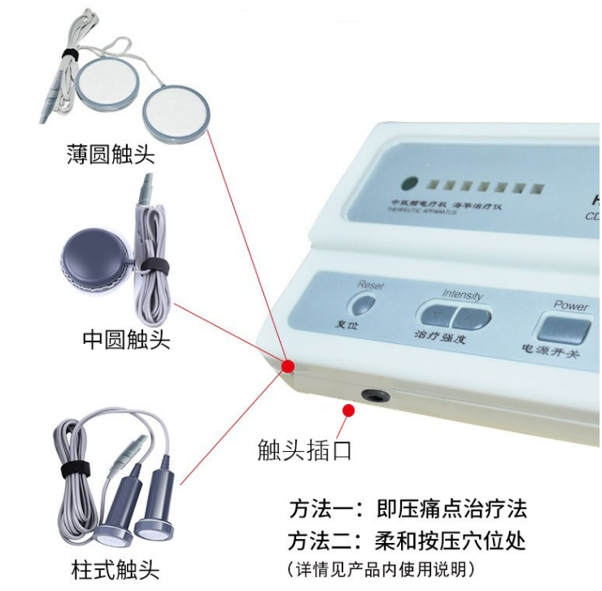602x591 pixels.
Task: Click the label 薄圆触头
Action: pos(111,154)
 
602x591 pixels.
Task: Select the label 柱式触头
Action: pos(115,568)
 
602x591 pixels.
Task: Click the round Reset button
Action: pos(363,305)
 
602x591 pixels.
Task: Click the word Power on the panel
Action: pos(571,306)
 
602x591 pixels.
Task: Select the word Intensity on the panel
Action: pos(462,295)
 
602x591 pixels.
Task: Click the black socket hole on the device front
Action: pos(375,397)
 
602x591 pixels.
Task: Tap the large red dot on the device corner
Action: pos(287,367)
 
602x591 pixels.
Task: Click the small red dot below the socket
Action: pos(350,411)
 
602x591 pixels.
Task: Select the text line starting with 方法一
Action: pos(408,510)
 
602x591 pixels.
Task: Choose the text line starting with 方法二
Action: pos(408,540)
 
